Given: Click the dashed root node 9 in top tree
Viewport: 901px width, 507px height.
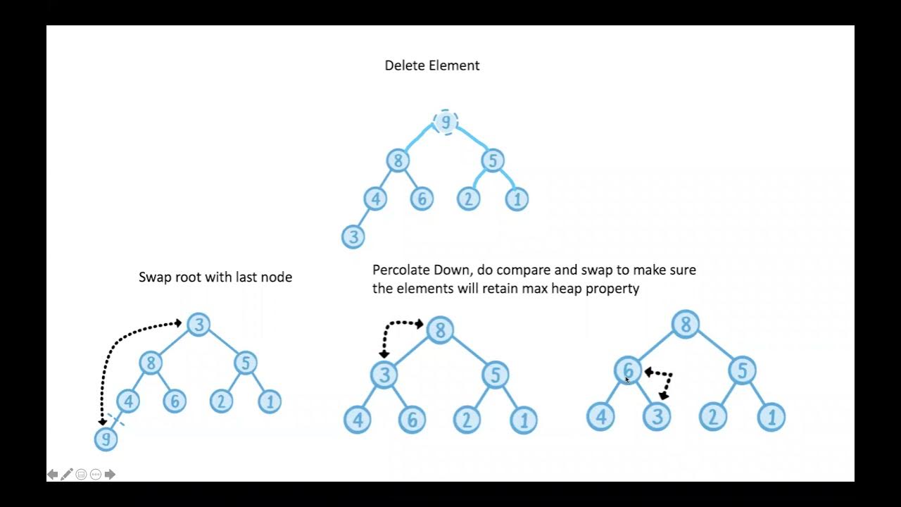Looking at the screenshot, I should tap(446, 122).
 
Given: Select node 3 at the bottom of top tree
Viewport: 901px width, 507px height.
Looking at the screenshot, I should tap(353, 237).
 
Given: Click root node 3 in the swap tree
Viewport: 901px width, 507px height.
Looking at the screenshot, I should tap(199, 324).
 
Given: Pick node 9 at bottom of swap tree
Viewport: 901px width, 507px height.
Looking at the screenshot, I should tap(106, 439).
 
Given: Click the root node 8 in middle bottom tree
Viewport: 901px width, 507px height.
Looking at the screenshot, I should tap(440, 330).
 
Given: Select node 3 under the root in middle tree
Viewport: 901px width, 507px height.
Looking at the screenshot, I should tap(384, 375).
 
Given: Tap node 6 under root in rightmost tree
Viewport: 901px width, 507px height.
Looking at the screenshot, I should tap(628, 370).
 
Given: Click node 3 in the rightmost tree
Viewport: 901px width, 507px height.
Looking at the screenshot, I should tap(656, 417).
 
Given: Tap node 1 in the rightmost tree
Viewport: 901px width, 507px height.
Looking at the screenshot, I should tap(771, 417).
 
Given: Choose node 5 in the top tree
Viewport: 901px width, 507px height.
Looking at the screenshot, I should tap(492, 161).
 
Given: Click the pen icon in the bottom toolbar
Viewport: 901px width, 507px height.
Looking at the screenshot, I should tap(67, 475).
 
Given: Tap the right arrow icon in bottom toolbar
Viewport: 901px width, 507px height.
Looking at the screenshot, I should tap(110, 475).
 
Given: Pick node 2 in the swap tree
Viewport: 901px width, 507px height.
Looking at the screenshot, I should tap(222, 401).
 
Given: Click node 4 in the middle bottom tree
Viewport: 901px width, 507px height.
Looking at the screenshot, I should tap(358, 420).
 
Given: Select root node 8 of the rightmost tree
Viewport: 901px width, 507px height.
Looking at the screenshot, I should tap(685, 325).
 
